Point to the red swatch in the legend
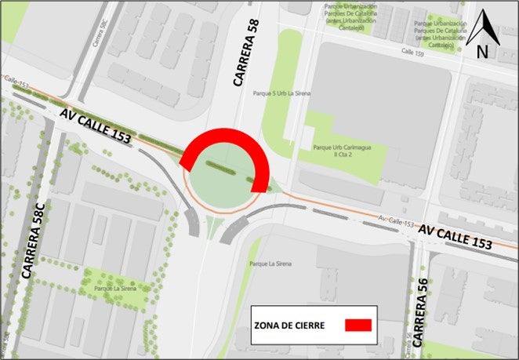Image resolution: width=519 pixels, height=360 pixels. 357,323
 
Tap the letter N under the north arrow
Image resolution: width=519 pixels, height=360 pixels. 483,52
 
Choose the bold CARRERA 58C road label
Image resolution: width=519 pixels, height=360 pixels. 34,240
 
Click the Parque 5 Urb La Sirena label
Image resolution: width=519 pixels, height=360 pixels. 281,93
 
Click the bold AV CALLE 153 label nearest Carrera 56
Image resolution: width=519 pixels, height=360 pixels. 455,237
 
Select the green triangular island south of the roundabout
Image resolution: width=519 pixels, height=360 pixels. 211,227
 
